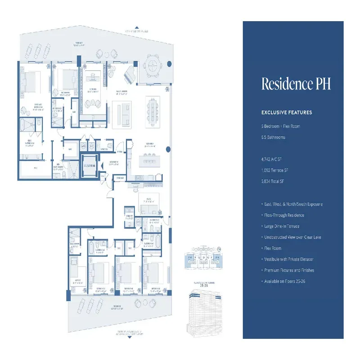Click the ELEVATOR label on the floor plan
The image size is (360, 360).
[90, 166]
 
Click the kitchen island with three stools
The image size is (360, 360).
[148, 160]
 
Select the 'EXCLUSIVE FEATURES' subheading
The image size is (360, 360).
[287, 112]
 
